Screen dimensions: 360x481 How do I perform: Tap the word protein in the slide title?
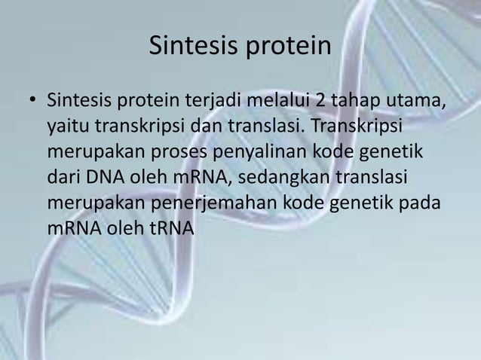[x=290, y=47]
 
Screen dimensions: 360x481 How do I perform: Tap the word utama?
[x=416, y=101]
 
